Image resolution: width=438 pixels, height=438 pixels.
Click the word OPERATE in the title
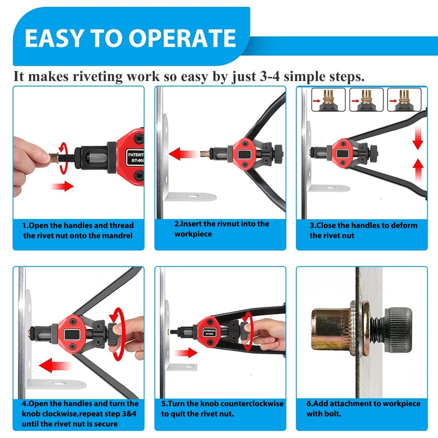point(184,38)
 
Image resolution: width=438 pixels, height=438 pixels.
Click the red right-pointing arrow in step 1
point(62,187)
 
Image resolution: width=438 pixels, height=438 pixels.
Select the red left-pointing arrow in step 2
point(184,154)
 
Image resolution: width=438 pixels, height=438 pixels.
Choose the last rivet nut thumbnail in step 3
point(404,100)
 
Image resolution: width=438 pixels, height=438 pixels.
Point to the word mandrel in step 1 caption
point(116,236)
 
